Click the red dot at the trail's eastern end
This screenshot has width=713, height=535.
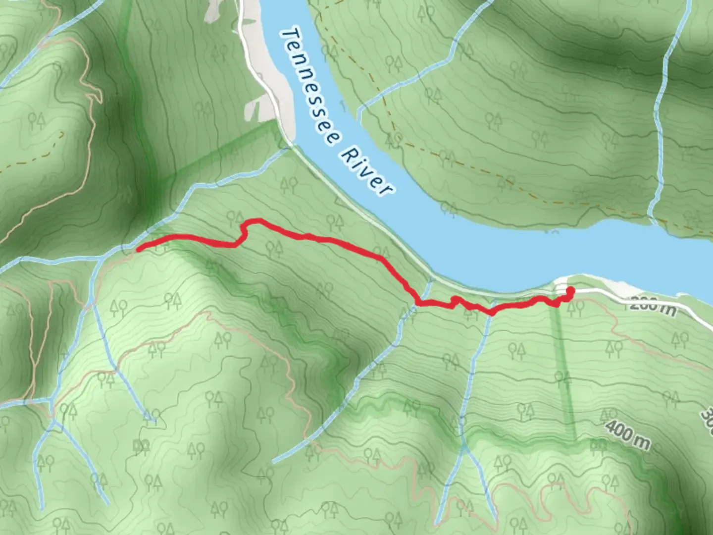570,291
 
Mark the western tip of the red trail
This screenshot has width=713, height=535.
138,247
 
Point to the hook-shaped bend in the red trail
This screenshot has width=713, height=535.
245,230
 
